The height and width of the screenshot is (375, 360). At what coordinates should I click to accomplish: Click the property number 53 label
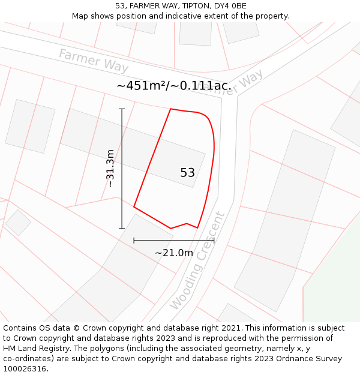click(x=187, y=173)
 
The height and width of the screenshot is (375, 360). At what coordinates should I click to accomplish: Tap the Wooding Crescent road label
click(x=197, y=261)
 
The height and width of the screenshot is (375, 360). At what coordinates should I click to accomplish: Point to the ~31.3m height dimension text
click(x=110, y=169)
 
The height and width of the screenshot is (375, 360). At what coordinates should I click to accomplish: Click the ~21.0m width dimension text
click(x=174, y=253)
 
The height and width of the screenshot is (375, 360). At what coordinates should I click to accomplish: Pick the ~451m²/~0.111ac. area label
click(x=174, y=86)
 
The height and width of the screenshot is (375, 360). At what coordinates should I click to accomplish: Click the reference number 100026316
click(x=25, y=369)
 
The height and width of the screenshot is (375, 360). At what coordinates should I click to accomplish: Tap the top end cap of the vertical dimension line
click(x=122, y=109)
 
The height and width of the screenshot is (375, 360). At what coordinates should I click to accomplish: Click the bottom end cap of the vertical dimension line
click(x=122, y=229)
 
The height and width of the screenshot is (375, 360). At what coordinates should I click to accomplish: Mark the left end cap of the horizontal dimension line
click(x=134, y=240)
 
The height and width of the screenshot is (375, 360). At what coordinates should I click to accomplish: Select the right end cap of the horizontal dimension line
click(x=214, y=240)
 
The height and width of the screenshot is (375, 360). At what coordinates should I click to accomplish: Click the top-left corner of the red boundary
click(x=171, y=109)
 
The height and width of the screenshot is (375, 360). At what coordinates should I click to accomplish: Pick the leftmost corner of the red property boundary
click(x=134, y=208)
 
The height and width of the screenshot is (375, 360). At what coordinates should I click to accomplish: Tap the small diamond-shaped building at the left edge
click(x=18, y=222)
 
